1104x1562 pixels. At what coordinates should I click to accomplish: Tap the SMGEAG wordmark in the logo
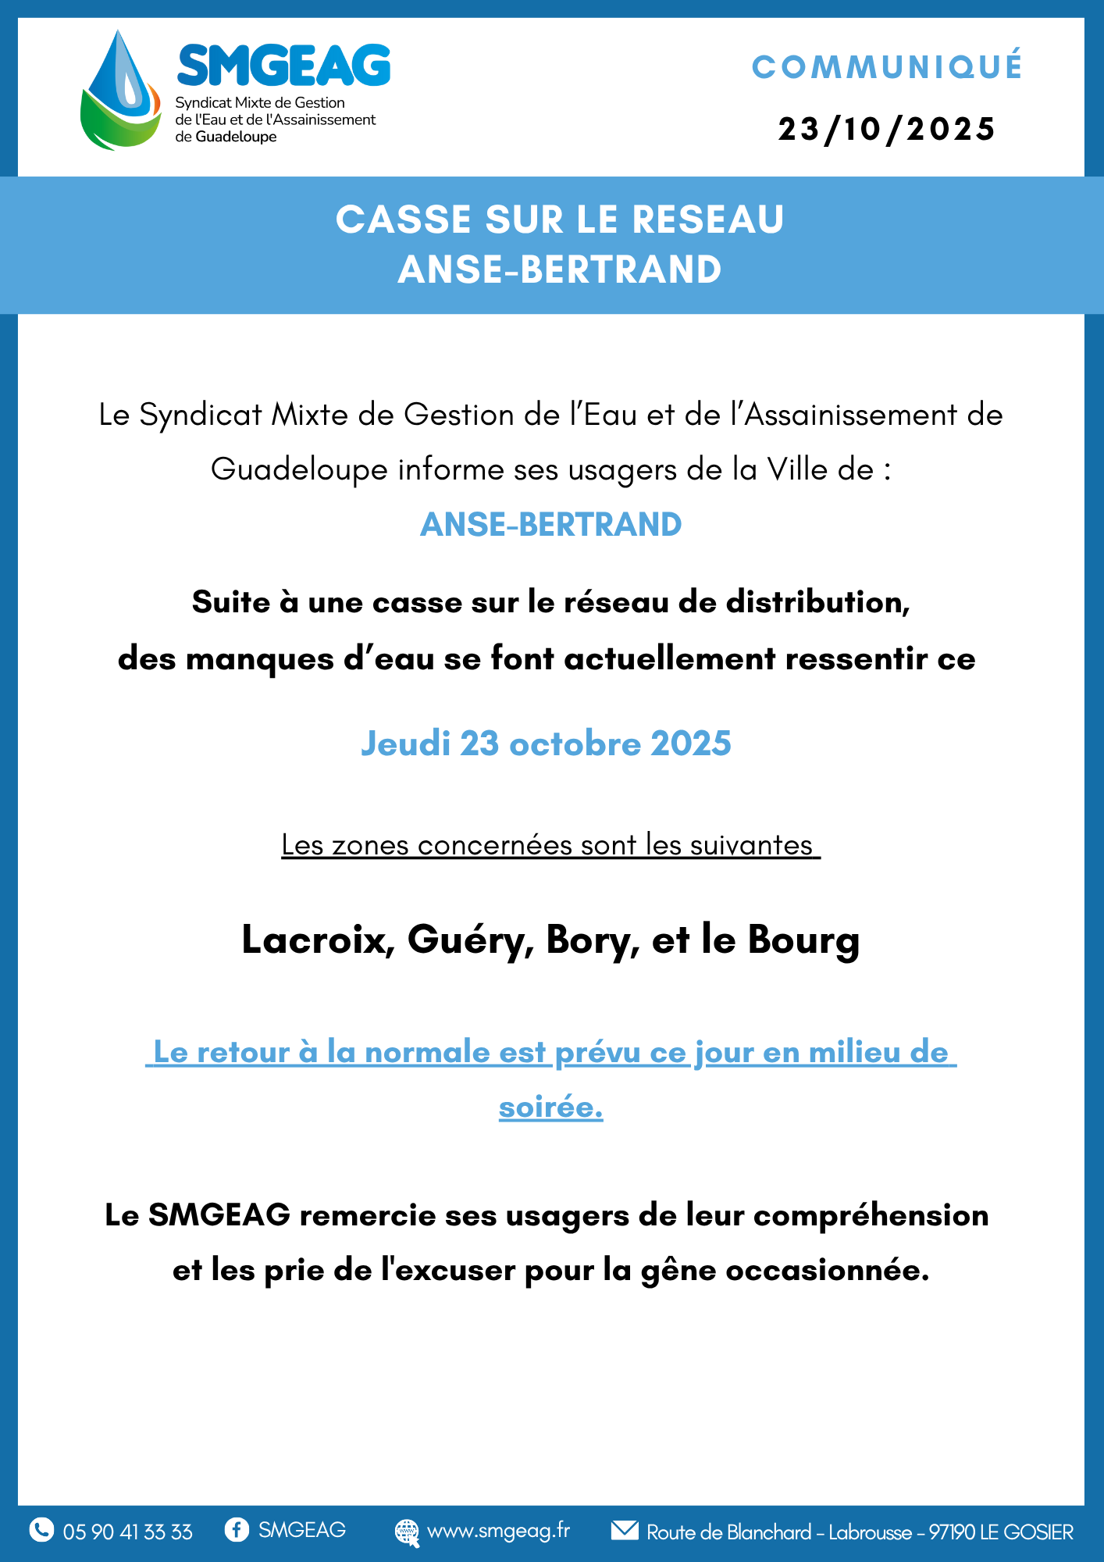(x=283, y=66)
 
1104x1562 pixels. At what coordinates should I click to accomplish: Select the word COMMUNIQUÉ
(x=887, y=67)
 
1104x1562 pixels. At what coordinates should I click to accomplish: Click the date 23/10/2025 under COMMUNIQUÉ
(x=887, y=130)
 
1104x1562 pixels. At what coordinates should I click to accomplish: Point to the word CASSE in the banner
(x=404, y=219)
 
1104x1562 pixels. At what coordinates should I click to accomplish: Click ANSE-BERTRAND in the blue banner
(x=559, y=269)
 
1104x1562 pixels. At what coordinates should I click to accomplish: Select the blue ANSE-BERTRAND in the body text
(x=551, y=525)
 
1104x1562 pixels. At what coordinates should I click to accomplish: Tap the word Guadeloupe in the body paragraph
(x=299, y=470)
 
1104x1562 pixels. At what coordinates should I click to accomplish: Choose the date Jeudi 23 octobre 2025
(x=546, y=744)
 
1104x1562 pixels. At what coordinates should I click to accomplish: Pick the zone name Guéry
(x=470, y=940)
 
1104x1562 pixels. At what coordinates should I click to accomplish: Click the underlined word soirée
(x=550, y=1107)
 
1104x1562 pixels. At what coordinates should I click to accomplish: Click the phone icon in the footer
(x=41, y=1530)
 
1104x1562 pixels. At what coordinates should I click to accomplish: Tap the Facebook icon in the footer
(x=237, y=1529)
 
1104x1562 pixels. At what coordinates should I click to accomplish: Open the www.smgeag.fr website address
(x=498, y=1531)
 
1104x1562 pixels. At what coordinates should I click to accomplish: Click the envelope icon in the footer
(x=625, y=1530)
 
